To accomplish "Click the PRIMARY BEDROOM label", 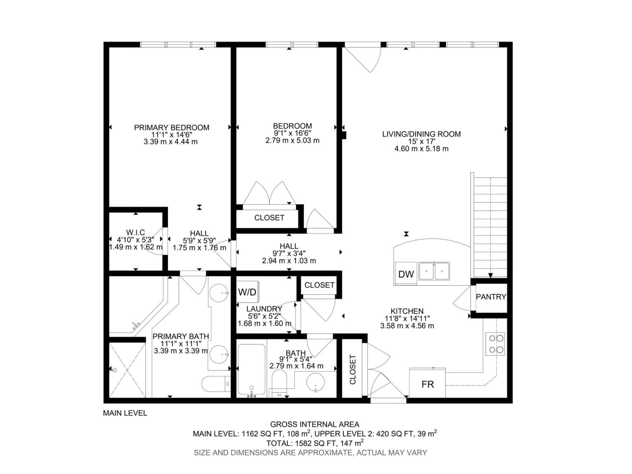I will [x=171, y=127].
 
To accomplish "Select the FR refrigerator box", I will [x=427, y=384].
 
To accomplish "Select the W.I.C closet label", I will [x=135, y=232].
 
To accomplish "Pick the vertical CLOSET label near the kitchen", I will [x=353, y=369].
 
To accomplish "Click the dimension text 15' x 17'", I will [x=421, y=141].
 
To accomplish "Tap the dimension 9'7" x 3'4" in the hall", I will [x=289, y=253].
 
